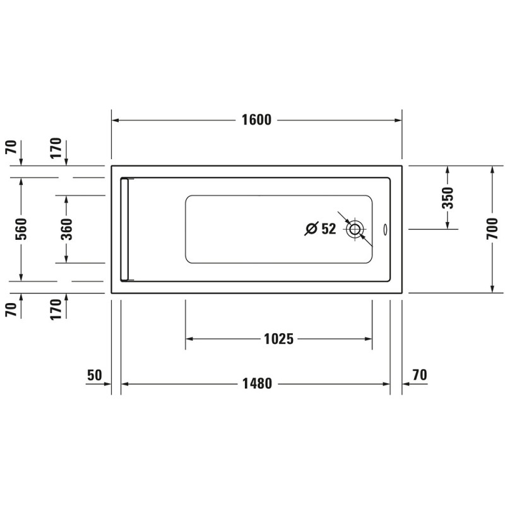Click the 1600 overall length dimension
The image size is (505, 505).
point(256,120)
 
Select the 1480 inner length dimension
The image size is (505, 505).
point(257,384)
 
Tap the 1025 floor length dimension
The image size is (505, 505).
point(278,339)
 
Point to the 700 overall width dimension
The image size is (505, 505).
point(492,229)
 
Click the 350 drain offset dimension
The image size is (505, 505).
point(448,198)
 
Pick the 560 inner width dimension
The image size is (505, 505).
point(21,229)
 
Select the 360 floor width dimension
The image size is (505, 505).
point(67,229)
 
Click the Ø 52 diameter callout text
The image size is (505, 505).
point(320,229)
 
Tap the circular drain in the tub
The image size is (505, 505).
point(355,229)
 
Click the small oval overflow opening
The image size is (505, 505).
point(385,229)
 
